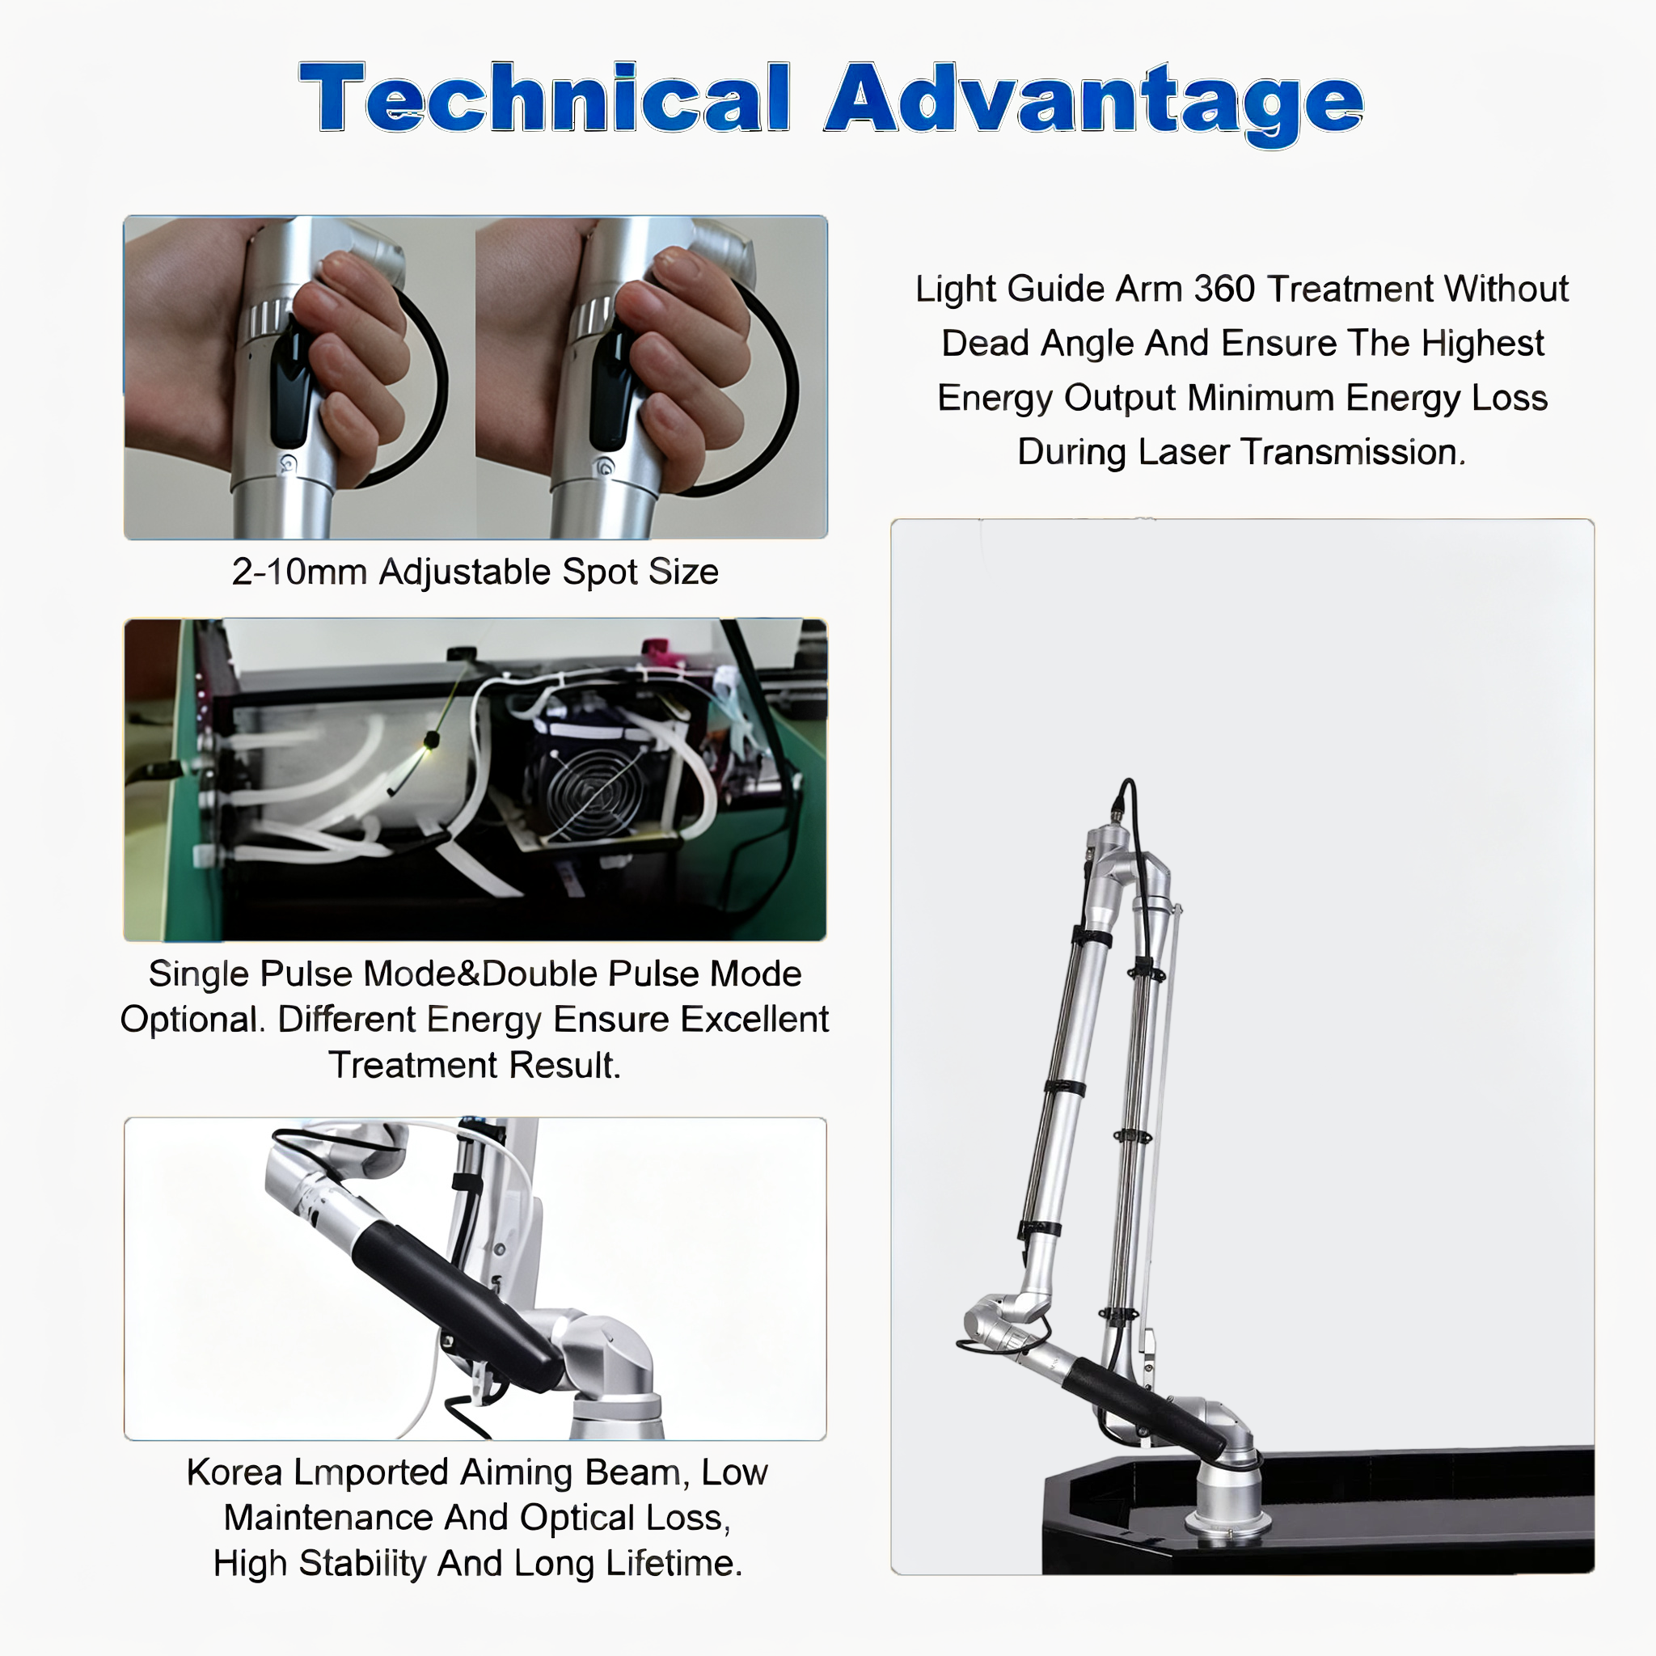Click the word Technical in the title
tap(545, 98)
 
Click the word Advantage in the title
tap(1094, 103)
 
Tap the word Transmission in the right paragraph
tap(1350, 452)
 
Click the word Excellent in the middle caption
tap(754, 1019)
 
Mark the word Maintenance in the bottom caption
tap(327, 1517)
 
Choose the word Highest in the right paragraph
tap(1482, 344)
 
